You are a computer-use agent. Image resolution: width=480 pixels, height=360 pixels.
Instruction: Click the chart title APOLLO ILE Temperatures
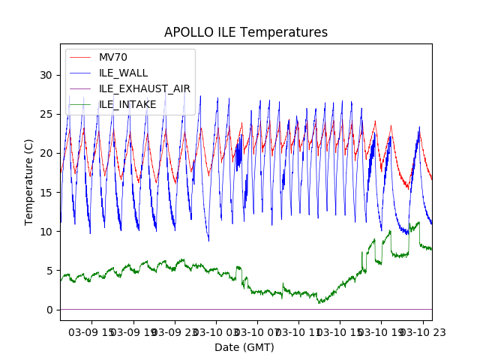[x=246, y=33]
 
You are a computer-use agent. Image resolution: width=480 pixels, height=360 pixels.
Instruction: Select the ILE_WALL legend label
[x=124, y=73]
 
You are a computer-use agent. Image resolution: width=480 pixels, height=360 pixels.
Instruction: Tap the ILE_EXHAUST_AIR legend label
[x=145, y=88]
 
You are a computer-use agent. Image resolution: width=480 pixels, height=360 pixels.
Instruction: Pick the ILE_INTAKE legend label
[x=127, y=104]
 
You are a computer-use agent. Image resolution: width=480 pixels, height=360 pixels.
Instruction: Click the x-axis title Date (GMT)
[x=244, y=347]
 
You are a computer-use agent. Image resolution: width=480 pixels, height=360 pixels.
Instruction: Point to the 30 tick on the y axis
[x=46, y=75]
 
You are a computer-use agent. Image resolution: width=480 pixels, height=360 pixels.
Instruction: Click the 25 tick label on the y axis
[x=46, y=114]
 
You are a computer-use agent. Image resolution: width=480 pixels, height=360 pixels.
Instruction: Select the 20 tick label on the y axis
[x=46, y=153]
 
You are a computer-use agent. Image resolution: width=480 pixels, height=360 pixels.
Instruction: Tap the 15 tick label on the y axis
[x=46, y=192]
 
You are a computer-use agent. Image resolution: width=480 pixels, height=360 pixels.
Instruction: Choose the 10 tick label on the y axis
[x=46, y=231]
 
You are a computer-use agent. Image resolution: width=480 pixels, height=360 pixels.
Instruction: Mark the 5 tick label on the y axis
[x=49, y=270]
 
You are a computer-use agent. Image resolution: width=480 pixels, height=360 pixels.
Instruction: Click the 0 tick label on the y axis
[x=49, y=310]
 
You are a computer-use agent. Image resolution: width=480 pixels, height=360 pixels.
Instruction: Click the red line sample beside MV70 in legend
[x=82, y=57]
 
